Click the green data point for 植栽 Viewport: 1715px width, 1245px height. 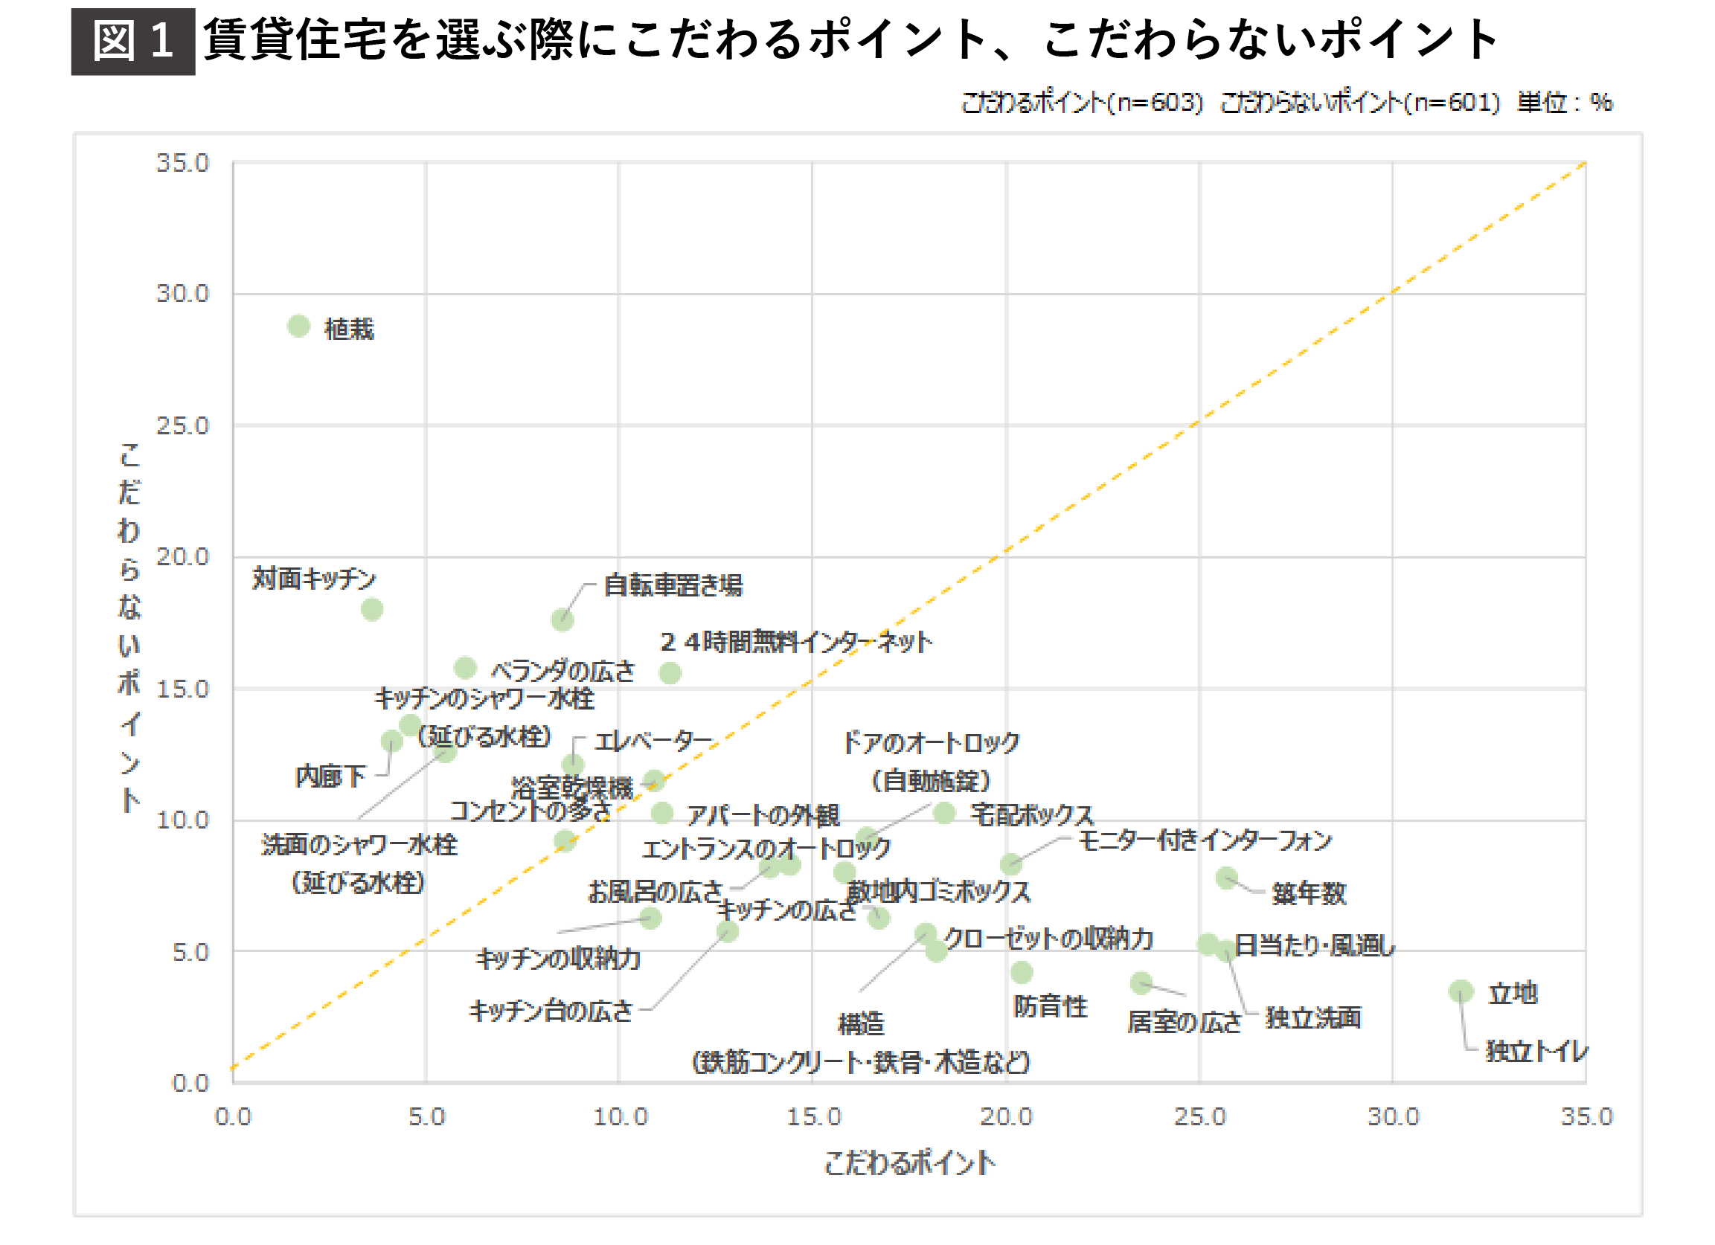pos(298,326)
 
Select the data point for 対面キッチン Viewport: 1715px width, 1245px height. pos(371,609)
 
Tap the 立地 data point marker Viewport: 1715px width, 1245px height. pos(1461,991)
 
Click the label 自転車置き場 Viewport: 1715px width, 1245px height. pos(673,585)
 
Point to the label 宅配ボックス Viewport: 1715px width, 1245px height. pos(1031,814)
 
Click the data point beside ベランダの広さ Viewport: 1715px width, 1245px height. pos(465,668)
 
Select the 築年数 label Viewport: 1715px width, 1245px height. pos(1308,893)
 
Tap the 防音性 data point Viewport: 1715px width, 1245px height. pos(1021,972)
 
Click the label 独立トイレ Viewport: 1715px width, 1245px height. pos(1536,1051)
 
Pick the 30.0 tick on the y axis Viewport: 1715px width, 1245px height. pos(182,293)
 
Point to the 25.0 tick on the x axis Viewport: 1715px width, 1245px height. pos(1199,1116)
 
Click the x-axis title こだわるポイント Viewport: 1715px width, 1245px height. pos(909,1162)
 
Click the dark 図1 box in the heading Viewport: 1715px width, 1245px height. pos(133,41)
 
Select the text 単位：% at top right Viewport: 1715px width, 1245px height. pos(1565,102)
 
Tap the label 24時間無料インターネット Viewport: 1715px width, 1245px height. pos(795,642)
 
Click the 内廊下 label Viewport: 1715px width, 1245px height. pos(330,776)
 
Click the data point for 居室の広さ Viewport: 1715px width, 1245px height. pos(1141,982)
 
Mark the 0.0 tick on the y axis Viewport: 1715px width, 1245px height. pos(190,1082)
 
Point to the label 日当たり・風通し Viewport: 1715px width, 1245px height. pos(1313,945)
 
